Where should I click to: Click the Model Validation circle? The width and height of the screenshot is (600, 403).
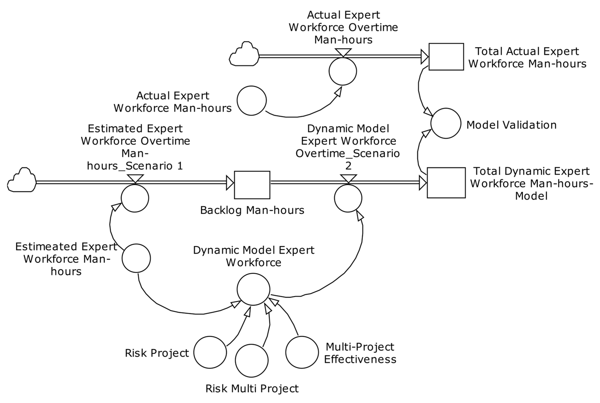(x=446, y=123)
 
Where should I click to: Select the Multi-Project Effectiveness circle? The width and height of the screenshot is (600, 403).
(x=302, y=352)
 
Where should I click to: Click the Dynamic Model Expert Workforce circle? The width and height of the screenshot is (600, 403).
(x=253, y=289)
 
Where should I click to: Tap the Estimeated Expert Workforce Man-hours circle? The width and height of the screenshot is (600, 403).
(x=136, y=258)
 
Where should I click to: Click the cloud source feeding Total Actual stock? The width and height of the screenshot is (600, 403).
(x=244, y=54)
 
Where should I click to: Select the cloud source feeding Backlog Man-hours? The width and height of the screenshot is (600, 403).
(x=22, y=180)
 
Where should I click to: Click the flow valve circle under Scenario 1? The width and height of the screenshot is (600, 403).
(x=135, y=198)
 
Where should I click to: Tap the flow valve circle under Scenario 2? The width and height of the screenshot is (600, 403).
(x=348, y=198)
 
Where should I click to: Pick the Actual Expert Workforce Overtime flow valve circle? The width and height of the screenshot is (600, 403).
(x=343, y=71)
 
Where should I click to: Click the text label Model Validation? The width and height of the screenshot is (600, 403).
(x=511, y=125)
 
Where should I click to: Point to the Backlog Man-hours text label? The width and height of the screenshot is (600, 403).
(x=252, y=210)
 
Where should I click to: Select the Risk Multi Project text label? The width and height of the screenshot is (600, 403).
(x=252, y=389)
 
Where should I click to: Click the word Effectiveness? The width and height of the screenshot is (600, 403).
(x=360, y=359)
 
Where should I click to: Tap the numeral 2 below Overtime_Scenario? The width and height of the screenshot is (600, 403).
(x=348, y=166)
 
